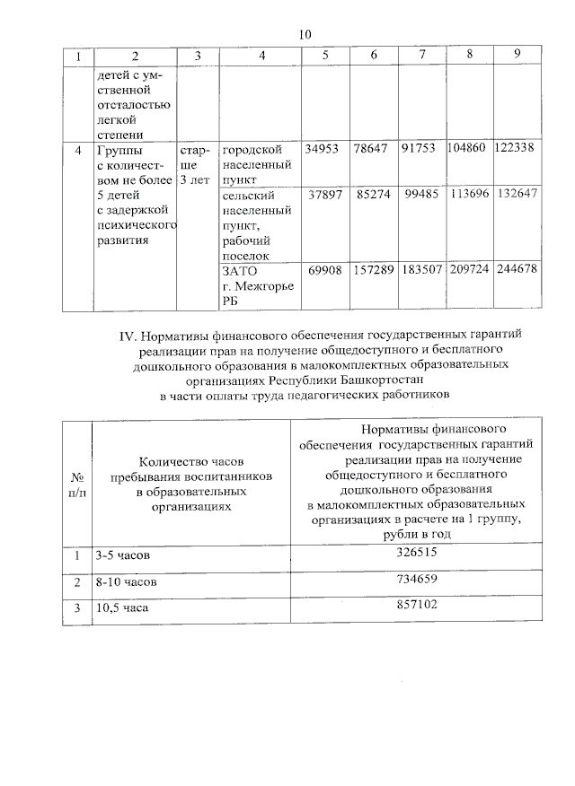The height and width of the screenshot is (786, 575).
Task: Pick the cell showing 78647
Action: [x=370, y=149]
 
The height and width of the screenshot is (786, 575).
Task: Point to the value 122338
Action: [x=515, y=149]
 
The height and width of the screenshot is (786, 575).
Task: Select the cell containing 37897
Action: [x=325, y=195]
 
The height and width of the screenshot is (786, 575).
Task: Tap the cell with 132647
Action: [x=516, y=195]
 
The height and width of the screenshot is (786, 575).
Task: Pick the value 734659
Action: [x=416, y=581]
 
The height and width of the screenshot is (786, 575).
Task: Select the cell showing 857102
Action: [x=416, y=607]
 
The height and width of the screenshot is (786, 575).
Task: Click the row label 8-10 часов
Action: [x=127, y=582]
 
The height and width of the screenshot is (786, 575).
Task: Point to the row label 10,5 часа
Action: [x=121, y=608]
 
